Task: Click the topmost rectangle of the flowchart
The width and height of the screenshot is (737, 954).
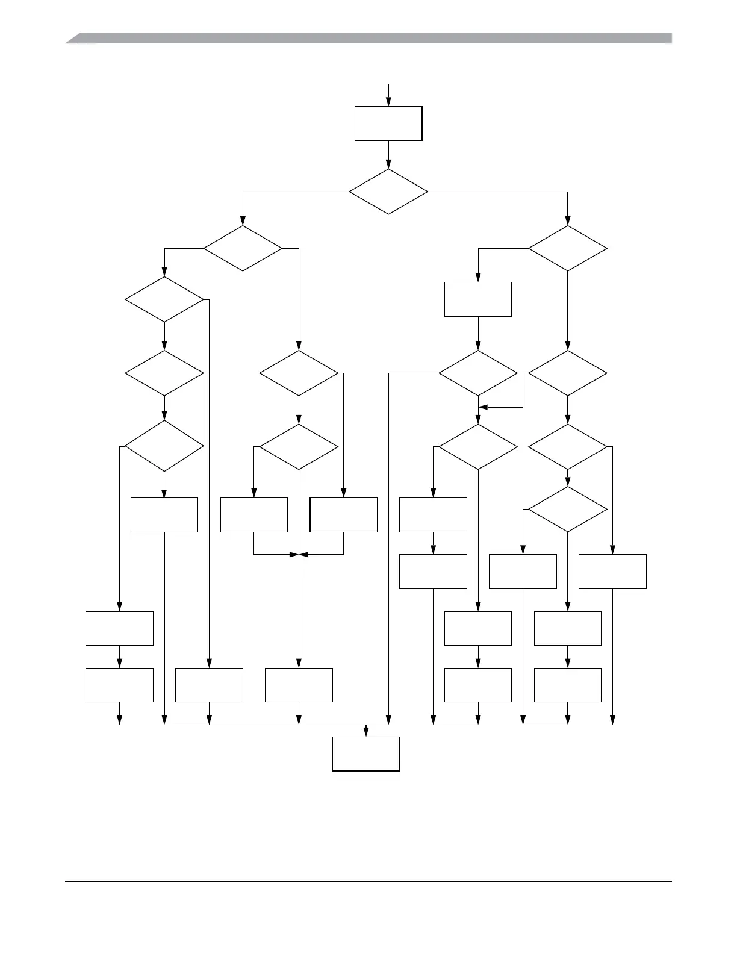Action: pos(388,123)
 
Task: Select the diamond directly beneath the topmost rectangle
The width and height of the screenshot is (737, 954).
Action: pos(388,192)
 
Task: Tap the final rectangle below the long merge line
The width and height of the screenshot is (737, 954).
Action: pos(366,753)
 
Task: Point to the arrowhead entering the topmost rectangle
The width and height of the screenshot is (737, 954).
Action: pos(388,102)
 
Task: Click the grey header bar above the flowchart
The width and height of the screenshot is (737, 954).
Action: pos(368,38)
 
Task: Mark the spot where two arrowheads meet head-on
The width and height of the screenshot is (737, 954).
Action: pos(299,554)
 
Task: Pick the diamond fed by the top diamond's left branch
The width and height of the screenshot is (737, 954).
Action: pos(243,248)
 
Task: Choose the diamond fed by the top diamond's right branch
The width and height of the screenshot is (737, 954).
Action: pos(568,248)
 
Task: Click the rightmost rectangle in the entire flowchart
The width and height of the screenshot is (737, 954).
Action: pos(612,572)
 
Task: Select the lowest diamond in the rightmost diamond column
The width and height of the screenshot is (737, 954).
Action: pos(568,510)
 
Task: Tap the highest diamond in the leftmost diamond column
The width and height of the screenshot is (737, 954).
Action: pos(164,299)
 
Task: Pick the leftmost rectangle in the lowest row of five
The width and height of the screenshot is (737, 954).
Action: pos(119,685)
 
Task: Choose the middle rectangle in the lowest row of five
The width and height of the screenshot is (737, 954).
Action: pos(299,685)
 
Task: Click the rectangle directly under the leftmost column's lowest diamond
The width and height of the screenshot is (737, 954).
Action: pos(164,515)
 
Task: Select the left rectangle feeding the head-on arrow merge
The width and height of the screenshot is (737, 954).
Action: pos(253,515)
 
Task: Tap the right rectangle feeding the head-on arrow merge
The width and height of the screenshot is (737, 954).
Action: pos(343,515)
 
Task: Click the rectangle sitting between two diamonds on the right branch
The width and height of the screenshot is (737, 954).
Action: pos(478,299)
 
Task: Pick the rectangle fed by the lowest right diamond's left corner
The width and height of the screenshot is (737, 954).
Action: pos(523,572)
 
